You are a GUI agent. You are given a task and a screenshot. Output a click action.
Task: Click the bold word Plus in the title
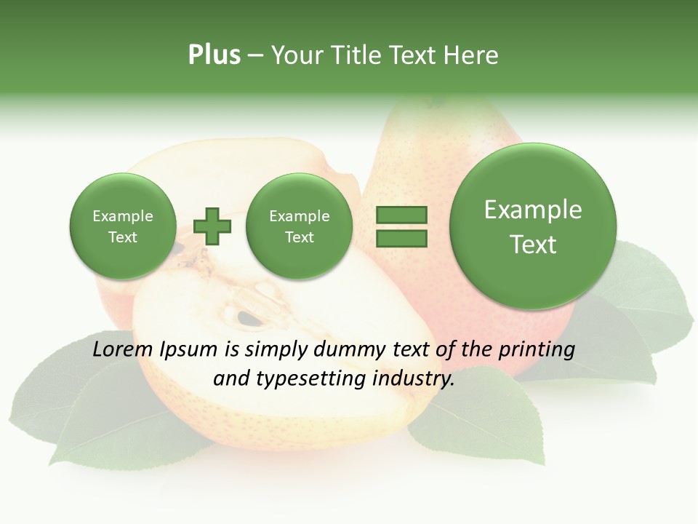(x=214, y=55)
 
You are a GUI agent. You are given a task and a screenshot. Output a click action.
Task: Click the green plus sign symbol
(x=212, y=226)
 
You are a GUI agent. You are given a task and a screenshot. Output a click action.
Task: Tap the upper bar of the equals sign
(x=401, y=215)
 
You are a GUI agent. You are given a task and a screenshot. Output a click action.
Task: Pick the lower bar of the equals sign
(x=401, y=238)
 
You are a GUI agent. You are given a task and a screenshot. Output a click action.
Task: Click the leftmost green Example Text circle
(x=122, y=226)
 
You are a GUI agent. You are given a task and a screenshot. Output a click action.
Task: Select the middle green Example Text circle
(x=299, y=226)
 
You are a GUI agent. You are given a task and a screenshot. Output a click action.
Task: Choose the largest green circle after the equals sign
(x=533, y=226)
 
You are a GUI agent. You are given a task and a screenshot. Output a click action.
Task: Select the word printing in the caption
(x=536, y=350)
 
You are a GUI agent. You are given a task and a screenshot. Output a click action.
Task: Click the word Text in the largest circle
(x=533, y=245)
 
